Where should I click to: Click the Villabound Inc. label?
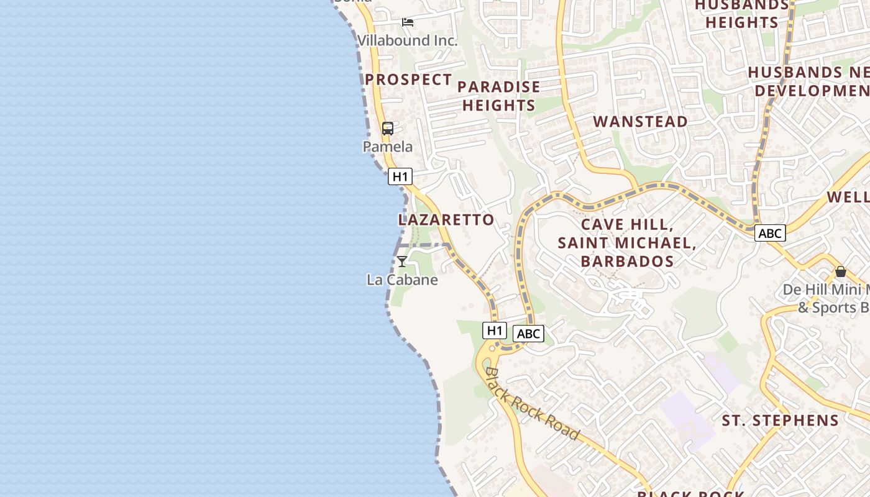pos(407,41)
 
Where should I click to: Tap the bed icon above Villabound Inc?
pos(408,22)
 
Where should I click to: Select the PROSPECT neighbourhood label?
pos(408,80)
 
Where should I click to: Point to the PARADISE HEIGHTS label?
pos(499,96)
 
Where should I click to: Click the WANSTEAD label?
pos(641,121)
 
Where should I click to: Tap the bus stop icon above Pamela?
pos(388,129)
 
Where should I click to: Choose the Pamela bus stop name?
pos(388,147)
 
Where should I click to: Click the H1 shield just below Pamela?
pos(400,176)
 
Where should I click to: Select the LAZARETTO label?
pos(446,219)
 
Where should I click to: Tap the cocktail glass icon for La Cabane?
pos(402,262)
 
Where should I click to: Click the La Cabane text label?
pos(402,280)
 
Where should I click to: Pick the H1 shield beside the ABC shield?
pos(495,331)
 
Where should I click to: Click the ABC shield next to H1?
pos(528,334)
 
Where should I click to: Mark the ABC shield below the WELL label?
pos(770,233)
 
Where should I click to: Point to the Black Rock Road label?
pos(532,404)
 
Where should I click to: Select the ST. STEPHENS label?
pos(780,421)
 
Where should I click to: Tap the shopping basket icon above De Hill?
pos(841,271)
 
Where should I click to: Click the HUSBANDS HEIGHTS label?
pos(742,14)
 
